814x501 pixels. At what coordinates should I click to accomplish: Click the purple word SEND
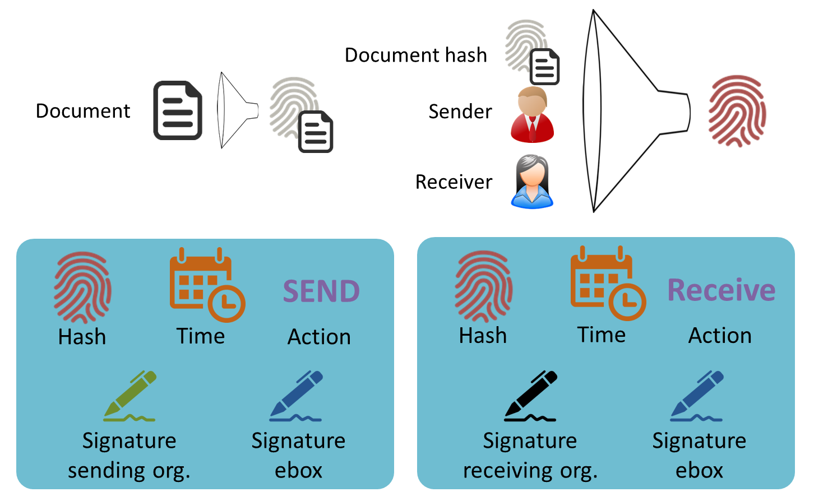[x=321, y=291]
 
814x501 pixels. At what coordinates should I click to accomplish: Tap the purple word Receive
[x=721, y=290]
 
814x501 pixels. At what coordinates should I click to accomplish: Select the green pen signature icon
[x=130, y=396]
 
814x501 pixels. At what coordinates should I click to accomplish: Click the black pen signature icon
[x=530, y=396]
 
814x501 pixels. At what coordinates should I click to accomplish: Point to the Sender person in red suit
[x=532, y=115]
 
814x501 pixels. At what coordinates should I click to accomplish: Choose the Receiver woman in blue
[x=532, y=182]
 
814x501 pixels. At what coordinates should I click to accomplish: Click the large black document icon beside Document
[x=178, y=110]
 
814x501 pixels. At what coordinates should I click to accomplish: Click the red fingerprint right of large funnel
[x=737, y=111]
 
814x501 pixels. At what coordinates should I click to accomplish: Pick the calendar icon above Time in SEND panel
[x=207, y=285]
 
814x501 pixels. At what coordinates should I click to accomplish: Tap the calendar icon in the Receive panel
[x=608, y=283]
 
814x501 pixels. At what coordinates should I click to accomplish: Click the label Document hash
[x=415, y=55]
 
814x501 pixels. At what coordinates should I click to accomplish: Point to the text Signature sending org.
[x=129, y=455]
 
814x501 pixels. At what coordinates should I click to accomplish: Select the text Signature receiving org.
[x=530, y=455]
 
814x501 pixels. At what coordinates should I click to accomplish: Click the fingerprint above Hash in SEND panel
[x=82, y=287]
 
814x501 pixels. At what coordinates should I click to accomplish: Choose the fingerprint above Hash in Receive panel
[x=483, y=286]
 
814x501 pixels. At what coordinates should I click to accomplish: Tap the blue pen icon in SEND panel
[x=296, y=396]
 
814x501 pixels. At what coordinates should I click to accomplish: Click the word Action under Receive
[x=720, y=335]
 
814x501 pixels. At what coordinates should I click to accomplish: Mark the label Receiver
[x=454, y=182]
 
